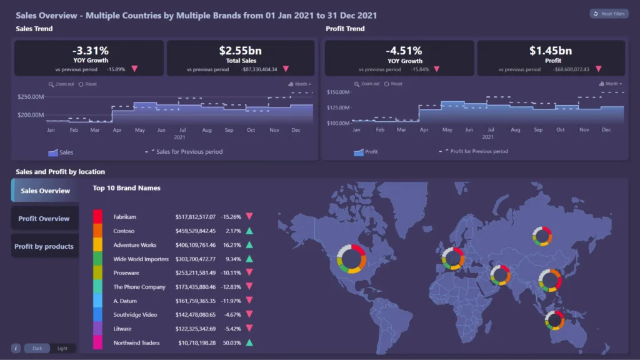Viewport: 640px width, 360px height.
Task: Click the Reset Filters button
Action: [609, 14]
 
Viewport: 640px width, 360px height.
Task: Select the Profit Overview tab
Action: [44, 219]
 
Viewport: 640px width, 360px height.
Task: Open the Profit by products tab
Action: [44, 246]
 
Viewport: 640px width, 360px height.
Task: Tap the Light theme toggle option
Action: [62, 348]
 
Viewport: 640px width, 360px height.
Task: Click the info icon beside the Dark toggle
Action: [16, 348]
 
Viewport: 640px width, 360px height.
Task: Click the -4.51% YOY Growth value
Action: [404, 51]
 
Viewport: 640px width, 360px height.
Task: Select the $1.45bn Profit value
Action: [550, 51]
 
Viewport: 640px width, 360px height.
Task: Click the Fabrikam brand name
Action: [125, 217]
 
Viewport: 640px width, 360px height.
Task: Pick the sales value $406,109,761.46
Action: [196, 245]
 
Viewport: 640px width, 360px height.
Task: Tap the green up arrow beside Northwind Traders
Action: [249, 342]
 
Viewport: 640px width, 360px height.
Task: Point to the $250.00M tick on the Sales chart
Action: [31, 97]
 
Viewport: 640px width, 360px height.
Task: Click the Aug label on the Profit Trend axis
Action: [516, 129]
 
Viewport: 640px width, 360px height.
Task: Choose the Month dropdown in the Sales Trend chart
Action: [300, 84]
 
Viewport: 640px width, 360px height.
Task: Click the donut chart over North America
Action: [351, 259]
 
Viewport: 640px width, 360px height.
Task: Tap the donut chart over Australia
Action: [554, 320]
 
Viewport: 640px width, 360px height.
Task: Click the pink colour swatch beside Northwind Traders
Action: [97, 342]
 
